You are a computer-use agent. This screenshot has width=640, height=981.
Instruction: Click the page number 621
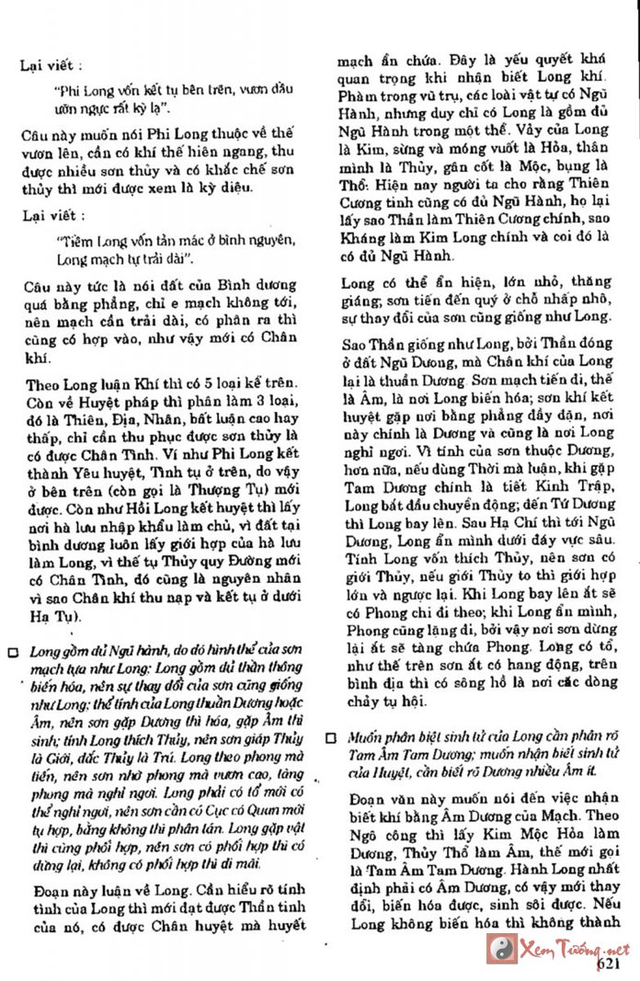[x=611, y=965]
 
